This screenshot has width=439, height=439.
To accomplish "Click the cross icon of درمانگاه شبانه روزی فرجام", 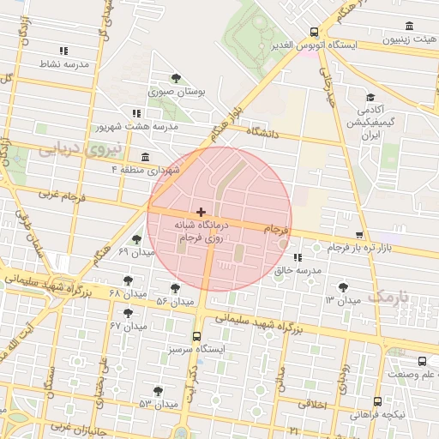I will (201, 211).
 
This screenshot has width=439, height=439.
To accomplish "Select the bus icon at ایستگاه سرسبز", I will (197, 336).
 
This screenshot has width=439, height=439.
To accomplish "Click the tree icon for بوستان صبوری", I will (176, 77).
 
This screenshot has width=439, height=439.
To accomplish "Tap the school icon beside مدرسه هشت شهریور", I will (136, 112).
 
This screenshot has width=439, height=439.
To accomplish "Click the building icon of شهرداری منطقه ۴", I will (144, 157).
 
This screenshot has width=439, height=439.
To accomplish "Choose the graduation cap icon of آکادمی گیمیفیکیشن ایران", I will (370, 98).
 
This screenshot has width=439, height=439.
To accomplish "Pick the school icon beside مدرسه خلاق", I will (297, 256).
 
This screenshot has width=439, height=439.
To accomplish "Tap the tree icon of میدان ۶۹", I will (137, 239).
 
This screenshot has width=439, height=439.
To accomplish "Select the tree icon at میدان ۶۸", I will (128, 280).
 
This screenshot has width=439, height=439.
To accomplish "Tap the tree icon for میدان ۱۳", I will (344, 287).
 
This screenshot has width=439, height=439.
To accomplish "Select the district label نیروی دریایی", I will (69, 149).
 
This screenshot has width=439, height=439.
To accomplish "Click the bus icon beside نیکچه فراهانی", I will (377, 401).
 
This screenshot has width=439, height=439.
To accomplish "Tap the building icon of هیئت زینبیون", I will (408, 26).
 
